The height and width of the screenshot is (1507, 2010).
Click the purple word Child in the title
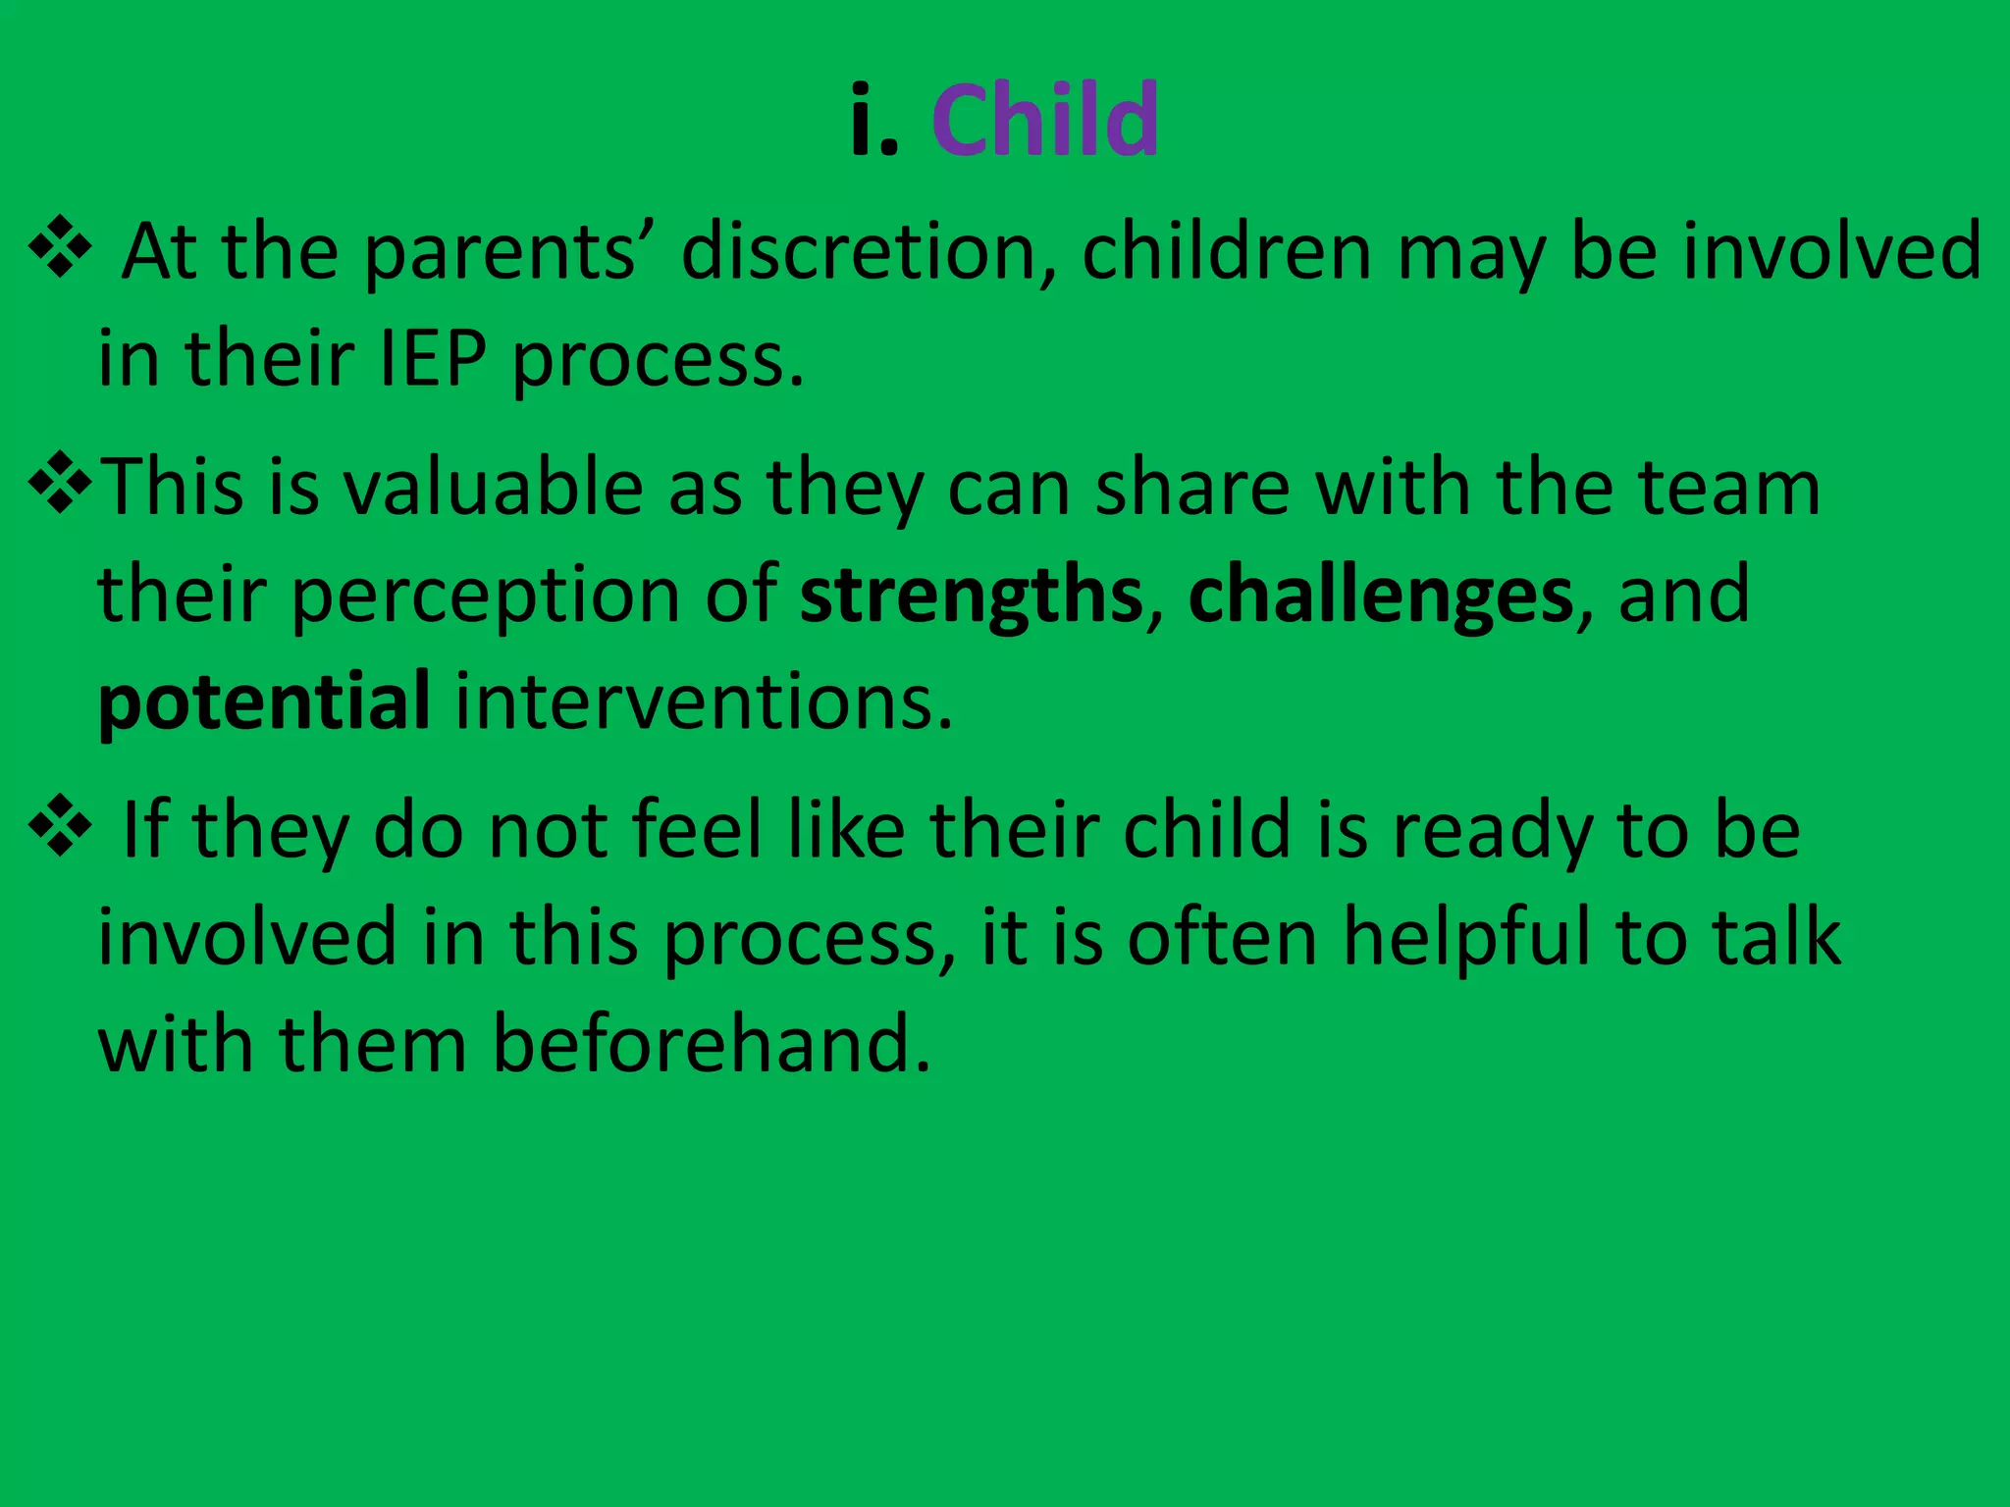1045,120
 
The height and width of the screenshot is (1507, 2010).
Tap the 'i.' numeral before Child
874,120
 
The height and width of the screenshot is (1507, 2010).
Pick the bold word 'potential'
264,702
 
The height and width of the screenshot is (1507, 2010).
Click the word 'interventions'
703,702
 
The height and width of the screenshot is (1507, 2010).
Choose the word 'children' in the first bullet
1227,252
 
